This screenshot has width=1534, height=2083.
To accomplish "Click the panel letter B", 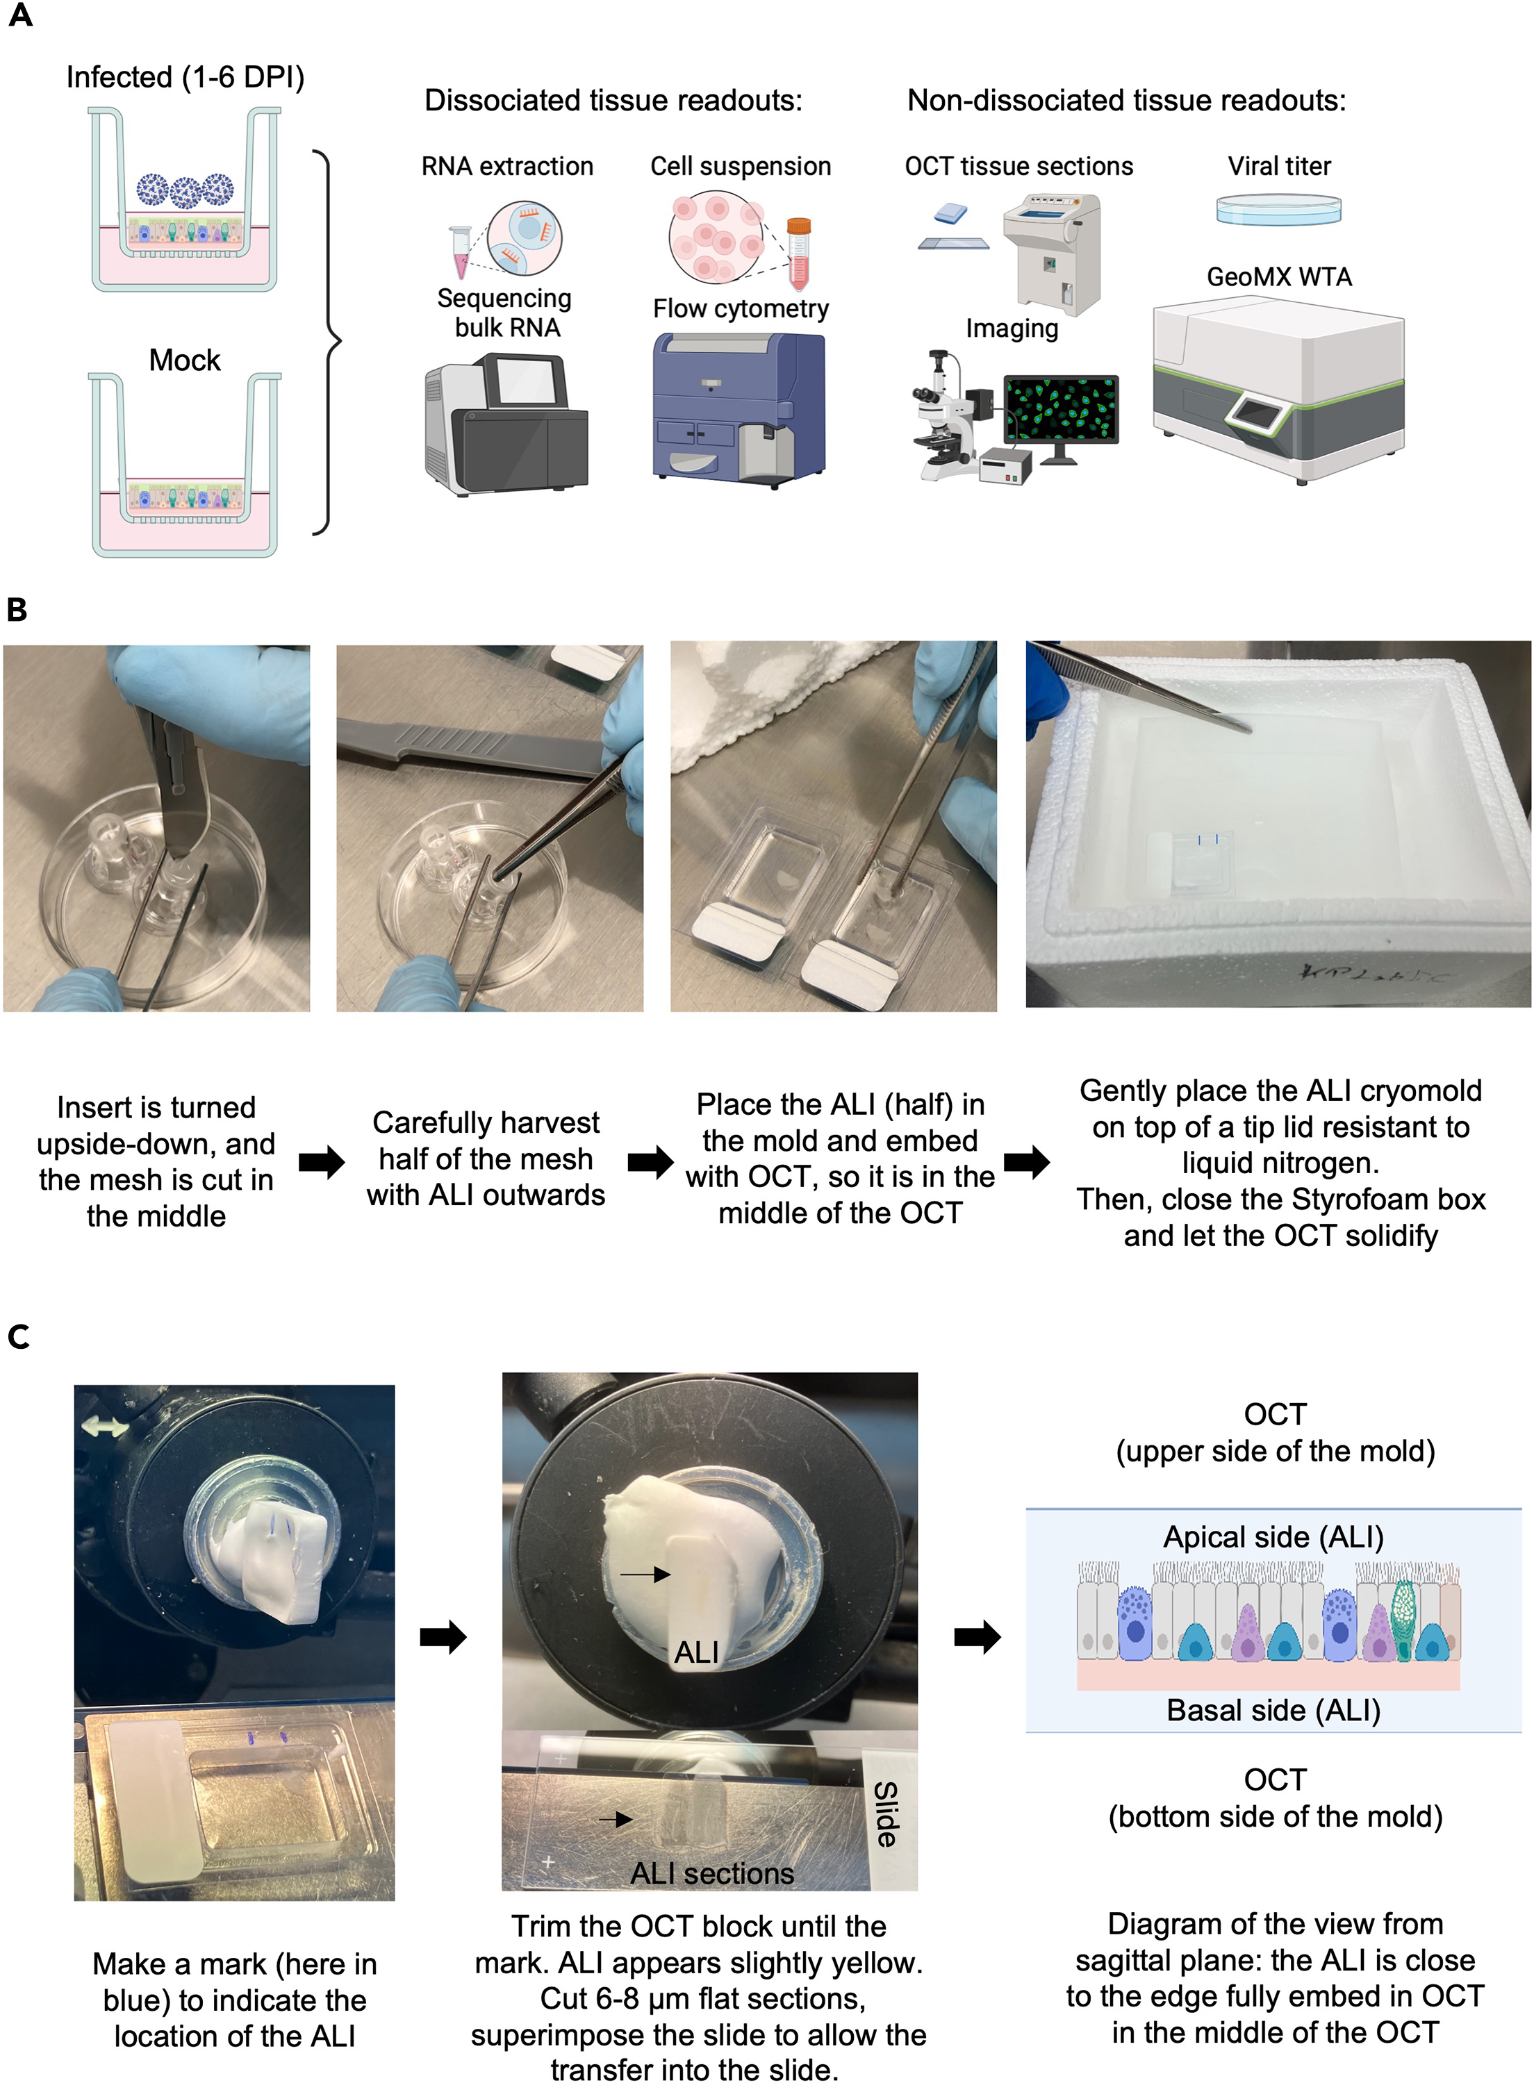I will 17,610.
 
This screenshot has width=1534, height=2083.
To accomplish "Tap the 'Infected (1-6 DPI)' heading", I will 185,77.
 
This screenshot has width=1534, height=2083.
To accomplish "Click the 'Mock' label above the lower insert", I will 185,360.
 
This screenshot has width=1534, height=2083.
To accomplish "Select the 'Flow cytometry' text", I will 740,308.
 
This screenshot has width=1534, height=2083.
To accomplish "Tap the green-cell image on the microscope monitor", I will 1062,408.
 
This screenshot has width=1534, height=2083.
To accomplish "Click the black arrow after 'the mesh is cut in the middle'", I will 321,1161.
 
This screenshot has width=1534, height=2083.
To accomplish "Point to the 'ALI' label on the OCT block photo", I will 696,1652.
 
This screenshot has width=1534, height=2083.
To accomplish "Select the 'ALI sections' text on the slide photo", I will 711,1873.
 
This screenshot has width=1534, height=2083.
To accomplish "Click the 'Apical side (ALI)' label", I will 1273,1537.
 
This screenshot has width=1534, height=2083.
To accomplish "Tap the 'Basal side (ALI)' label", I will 1273,1710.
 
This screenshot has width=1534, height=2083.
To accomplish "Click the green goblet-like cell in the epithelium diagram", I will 1403,1620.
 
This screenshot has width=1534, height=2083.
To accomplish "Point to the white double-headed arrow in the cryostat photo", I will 104,1427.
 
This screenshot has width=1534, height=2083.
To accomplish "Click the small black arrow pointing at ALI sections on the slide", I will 615,1819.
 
